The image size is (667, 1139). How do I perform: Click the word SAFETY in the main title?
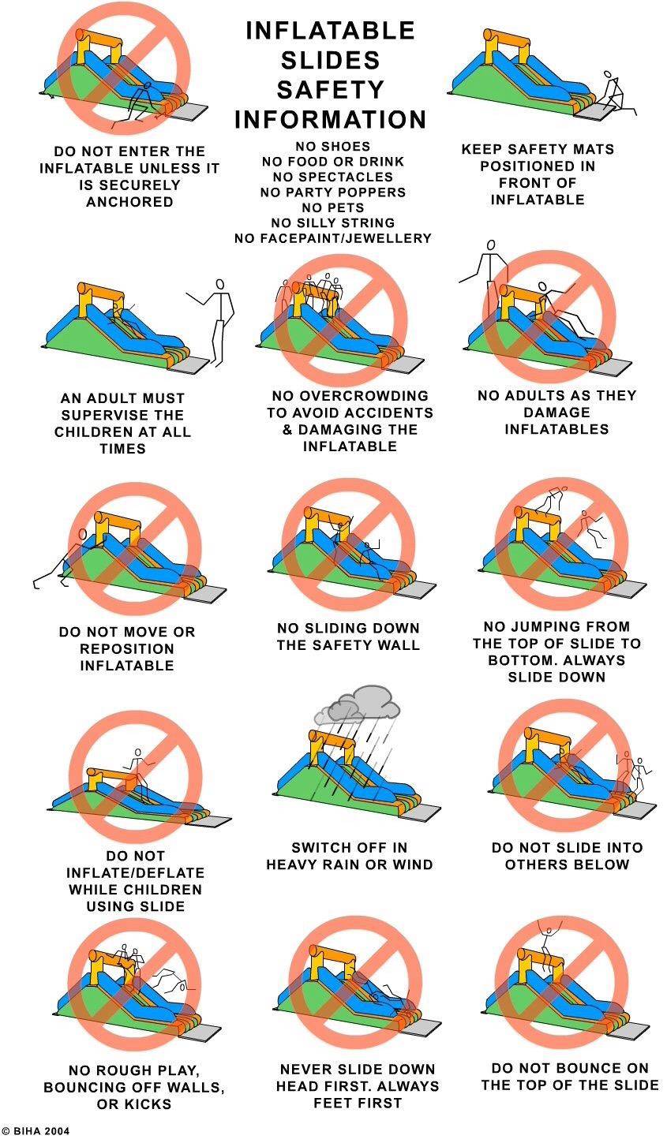[330, 90]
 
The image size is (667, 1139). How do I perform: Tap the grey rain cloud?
[358, 704]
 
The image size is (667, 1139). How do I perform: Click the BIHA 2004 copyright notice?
[36, 1131]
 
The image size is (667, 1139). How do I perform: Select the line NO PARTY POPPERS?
[333, 192]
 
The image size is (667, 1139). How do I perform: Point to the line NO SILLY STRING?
[333, 222]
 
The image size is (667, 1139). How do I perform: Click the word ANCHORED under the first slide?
[129, 202]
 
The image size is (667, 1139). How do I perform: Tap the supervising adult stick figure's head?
[219, 284]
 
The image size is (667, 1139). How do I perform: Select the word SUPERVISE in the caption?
[122, 415]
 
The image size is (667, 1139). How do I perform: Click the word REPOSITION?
[127, 649]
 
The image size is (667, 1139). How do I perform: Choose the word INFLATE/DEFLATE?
[135, 872]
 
